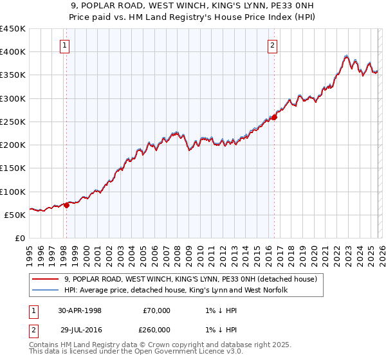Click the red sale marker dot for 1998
coord(66,206)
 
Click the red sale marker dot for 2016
coord(274,117)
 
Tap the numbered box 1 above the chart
coord(66,45)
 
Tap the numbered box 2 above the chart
coord(273,45)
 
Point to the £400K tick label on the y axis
coord(13,52)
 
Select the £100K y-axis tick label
coord(13,192)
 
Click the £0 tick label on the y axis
coord(19,239)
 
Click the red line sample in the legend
coord(44,280)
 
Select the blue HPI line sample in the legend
coord(44,291)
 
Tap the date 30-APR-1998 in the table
coord(80,310)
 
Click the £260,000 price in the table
coord(156,329)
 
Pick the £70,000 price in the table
coord(156,310)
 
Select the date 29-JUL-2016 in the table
coord(80,329)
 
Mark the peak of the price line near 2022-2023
coord(347,56)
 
